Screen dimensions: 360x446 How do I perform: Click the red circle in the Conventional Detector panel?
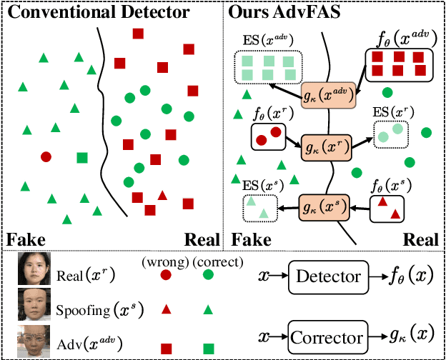pyautogui.click(x=46, y=156)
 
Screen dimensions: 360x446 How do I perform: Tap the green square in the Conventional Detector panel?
pyautogui.click(x=81, y=157)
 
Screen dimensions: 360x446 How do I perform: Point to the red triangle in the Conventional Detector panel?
pyautogui.click(x=162, y=195)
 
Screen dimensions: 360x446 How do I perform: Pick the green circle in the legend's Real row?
pyautogui.click(x=209, y=275)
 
